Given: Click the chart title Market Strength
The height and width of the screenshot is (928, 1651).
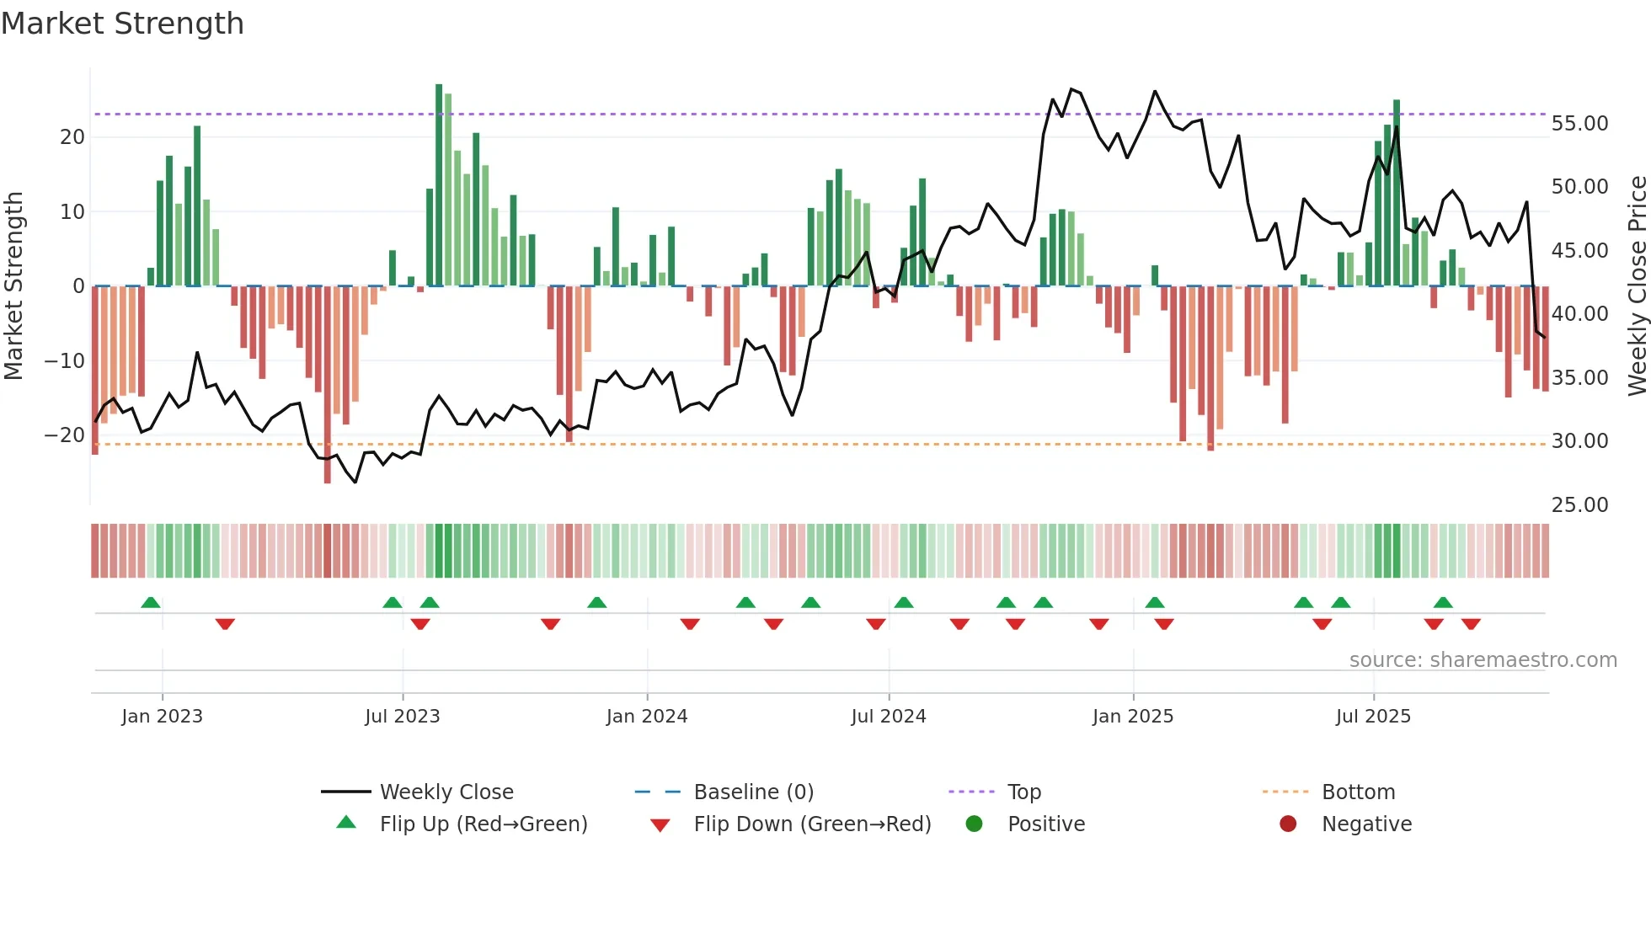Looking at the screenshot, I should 122,24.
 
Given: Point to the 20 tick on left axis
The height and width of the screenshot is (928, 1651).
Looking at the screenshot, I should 72,137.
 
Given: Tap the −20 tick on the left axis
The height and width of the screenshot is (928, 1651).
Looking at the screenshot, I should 65,435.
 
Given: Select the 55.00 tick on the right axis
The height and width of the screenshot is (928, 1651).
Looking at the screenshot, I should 1579,124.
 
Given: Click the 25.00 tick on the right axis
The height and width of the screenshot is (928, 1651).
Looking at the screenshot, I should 1579,505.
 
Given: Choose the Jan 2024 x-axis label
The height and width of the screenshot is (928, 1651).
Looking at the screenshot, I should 647,717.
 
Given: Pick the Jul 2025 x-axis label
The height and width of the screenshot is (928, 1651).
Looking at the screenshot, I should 1373,717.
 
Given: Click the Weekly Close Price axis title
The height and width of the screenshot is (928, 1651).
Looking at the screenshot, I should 1637,286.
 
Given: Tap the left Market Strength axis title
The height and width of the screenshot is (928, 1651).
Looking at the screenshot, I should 13,286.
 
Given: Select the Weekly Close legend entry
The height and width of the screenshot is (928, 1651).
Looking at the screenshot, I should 446,792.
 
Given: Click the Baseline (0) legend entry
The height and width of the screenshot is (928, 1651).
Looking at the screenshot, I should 753,792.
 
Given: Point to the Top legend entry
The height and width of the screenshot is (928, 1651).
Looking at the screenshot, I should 1024,792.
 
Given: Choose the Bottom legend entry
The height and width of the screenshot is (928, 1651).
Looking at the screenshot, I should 1358,792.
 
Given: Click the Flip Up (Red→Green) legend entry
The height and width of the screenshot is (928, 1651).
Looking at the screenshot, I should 483,824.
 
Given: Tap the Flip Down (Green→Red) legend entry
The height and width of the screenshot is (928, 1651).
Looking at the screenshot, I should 812,824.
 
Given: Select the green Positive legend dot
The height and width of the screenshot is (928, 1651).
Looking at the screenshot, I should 975,824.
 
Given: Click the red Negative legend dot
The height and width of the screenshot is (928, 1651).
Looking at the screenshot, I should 1288,824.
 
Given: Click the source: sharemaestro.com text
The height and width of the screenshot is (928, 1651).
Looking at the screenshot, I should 1483,660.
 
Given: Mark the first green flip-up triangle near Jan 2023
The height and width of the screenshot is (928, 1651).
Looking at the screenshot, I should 151,603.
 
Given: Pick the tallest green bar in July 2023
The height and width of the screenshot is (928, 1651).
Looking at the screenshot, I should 439,185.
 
